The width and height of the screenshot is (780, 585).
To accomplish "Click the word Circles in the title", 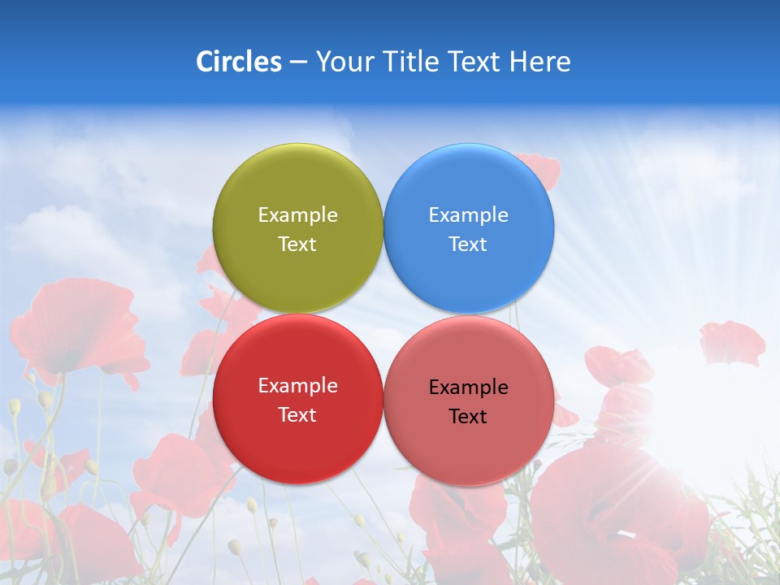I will pos(238,62).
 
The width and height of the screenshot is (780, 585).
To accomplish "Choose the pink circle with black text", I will pos(469,439).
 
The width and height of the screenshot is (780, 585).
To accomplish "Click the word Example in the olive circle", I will pos(297,214).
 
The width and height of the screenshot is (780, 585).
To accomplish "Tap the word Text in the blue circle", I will pos(468,245).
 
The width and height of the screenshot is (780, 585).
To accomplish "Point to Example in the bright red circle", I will pos(297,385).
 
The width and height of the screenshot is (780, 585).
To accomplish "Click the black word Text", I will pos(468,417).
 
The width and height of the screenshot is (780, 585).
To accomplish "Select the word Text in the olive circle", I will pos(297,245).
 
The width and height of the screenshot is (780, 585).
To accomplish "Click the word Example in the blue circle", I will pos(468,214).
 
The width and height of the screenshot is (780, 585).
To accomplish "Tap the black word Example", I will pos(468,387).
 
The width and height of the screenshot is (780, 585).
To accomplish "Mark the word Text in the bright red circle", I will pos(297,415).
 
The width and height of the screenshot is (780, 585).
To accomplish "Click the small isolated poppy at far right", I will pos(731,342).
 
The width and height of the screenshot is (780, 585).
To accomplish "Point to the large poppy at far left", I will pos(77,325).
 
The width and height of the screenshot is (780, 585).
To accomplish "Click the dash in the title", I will pos(297,62).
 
